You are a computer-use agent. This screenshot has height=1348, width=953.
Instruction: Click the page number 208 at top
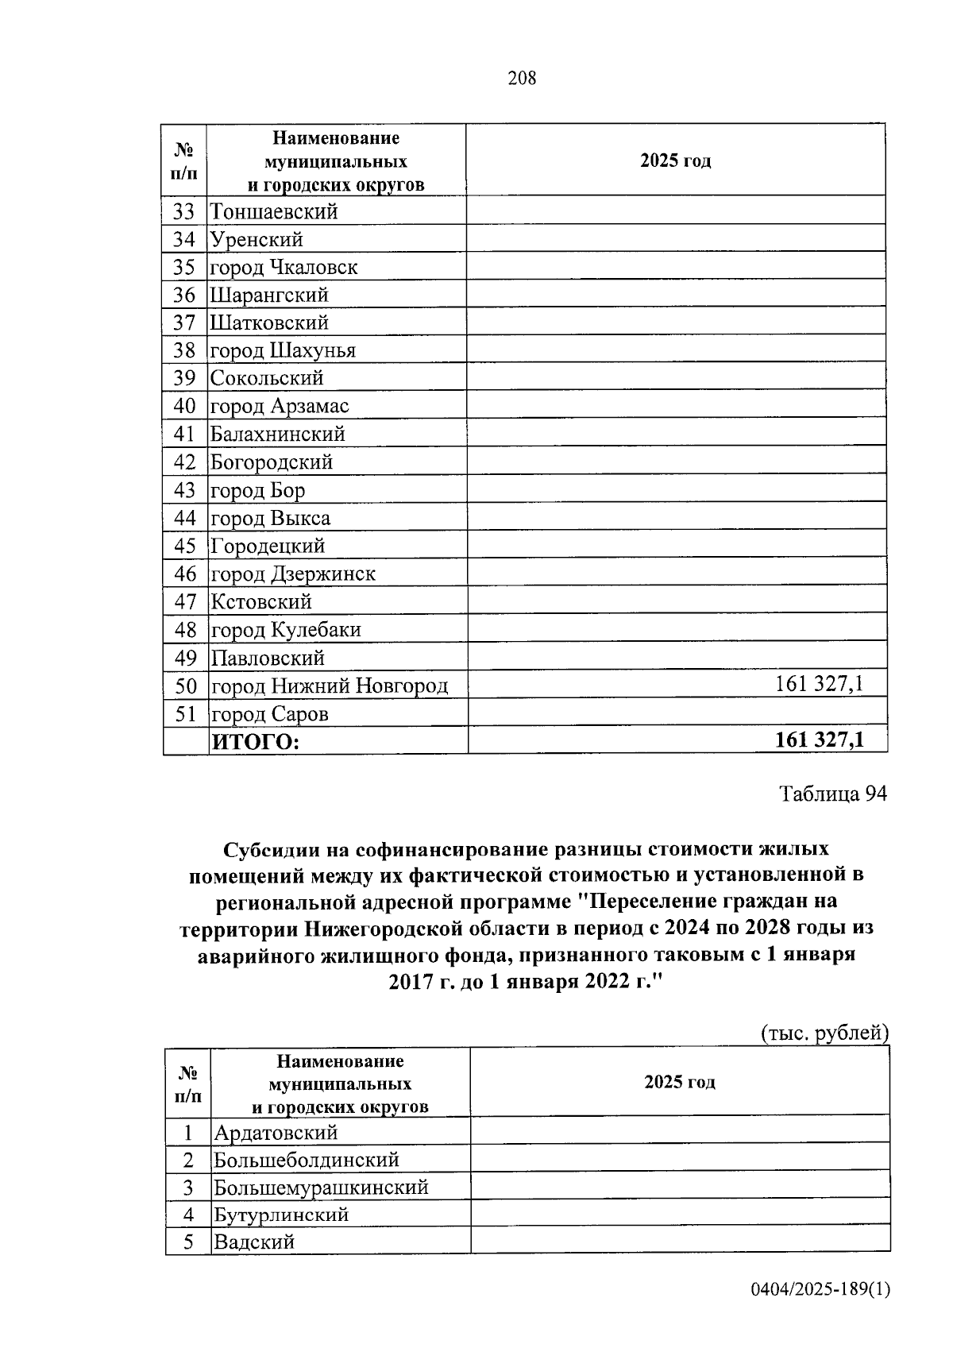(x=522, y=78)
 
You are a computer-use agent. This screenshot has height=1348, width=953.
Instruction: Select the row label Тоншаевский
(x=274, y=212)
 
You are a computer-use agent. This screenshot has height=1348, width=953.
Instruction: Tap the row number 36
(x=184, y=295)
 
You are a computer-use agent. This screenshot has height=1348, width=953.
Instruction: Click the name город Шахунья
(x=283, y=350)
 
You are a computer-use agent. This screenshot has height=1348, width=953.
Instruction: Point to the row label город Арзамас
(x=279, y=406)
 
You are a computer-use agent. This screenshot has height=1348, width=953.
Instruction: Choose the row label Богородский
(x=272, y=462)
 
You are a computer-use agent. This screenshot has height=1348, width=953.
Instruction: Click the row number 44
(x=184, y=519)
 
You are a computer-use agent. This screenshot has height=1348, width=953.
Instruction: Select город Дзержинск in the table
(x=292, y=574)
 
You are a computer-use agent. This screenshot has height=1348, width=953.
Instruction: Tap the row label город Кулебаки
(x=285, y=630)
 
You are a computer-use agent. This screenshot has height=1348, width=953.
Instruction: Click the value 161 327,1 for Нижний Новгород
(x=819, y=684)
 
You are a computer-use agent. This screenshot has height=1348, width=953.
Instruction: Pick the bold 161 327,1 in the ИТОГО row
(x=819, y=740)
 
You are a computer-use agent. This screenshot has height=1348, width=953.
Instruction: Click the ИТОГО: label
(x=254, y=743)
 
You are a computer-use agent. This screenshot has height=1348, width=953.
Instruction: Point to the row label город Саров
(x=269, y=714)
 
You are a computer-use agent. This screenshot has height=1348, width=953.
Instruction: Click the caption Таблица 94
(x=832, y=794)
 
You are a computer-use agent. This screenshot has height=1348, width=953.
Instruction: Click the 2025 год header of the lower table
(x=679, y=1082)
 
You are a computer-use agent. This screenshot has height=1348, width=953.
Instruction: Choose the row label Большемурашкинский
(x=321, y=1188)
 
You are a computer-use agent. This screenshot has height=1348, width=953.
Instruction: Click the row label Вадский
(x=253, y=1242)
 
